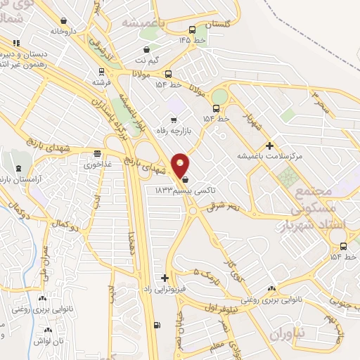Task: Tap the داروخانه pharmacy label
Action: click(63, 31)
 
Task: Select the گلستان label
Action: click(217, 25)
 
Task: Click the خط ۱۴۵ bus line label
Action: click(192, 39)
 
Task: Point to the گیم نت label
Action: click(146, 60)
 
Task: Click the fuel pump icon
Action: click(155, 325)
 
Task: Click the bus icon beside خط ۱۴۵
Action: click(192, 29)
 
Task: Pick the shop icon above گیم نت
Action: click(146, 50)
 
